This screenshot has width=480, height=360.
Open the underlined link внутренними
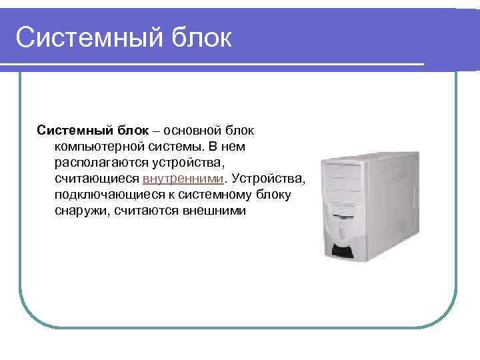click(184, 179)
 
